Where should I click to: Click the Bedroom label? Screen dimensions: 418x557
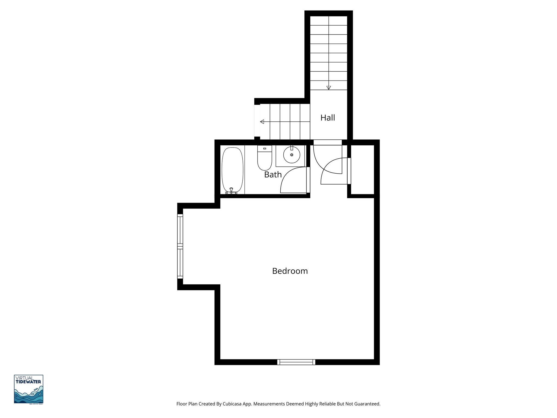click(x=290, y=271)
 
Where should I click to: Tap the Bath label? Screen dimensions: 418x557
click(x=273, y=174)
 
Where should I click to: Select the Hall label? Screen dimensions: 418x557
click(x=327, y=118)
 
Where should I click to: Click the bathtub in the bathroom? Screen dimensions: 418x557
click(x=232, y=170)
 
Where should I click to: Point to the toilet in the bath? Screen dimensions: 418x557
click(x=264, y=161)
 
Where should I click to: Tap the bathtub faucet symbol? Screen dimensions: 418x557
click(x=231, y=190)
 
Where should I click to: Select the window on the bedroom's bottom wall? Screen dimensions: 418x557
click(x=296, y=362)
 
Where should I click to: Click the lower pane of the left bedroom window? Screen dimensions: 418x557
click(x=180, y=263)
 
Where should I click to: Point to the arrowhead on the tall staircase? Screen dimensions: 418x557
click(x=329, y=88)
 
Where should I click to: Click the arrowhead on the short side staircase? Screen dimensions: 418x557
click(x=262, y=122)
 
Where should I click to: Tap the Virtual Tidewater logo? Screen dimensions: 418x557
click(x=29, y=389)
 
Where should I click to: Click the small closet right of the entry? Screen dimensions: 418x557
click(x=362, y=170)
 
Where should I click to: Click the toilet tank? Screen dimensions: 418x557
click(x=264, y=149)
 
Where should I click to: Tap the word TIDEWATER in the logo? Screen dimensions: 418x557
click(x=29, y=382)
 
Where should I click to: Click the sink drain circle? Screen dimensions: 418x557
click(x=292, y=155)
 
